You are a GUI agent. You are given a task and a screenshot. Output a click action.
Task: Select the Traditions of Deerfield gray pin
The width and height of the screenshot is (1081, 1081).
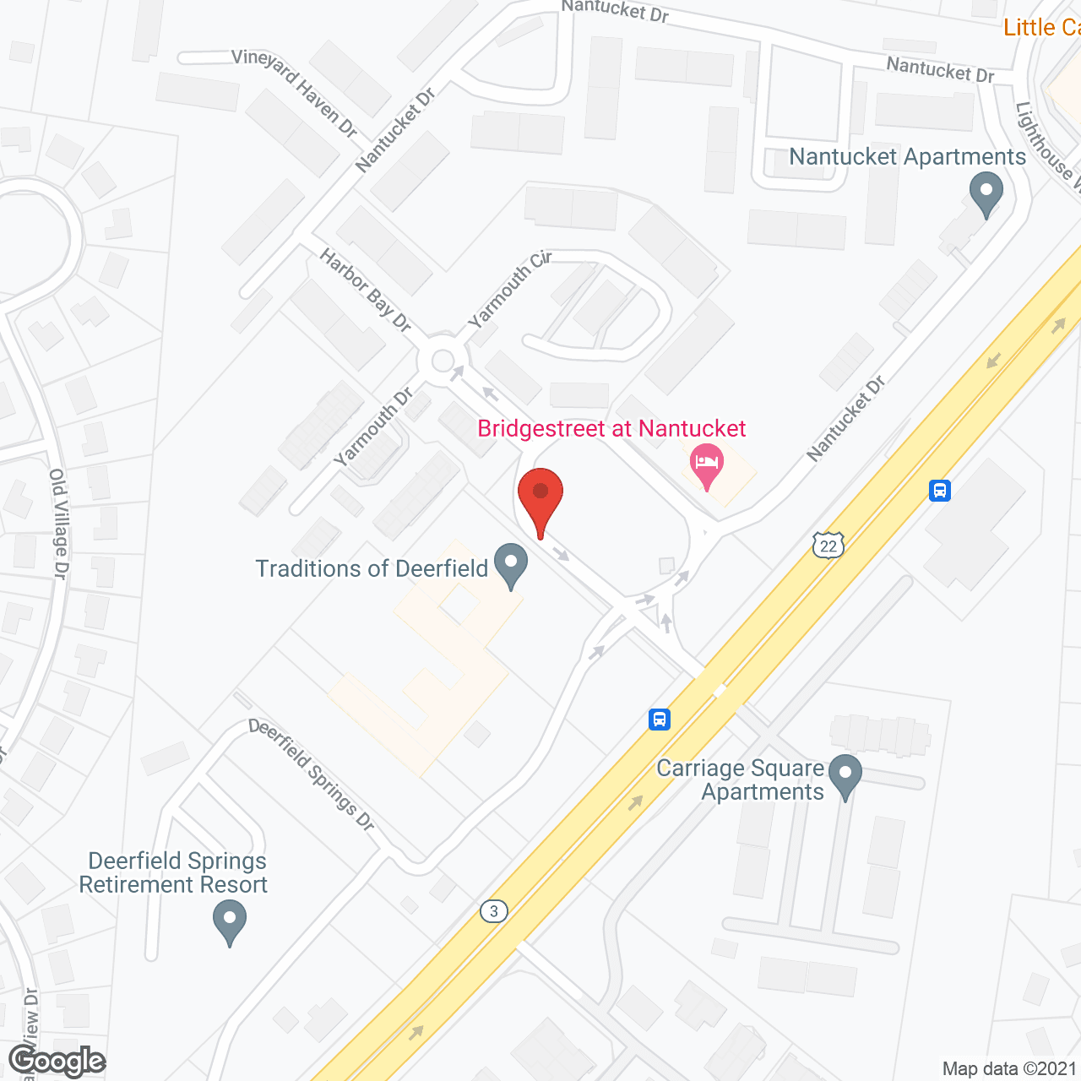click(x=510, y=564)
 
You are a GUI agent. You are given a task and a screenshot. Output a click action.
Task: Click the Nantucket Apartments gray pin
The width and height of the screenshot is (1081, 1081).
click(x=986, y=193)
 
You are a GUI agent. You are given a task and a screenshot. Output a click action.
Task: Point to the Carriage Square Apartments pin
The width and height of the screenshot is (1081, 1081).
click(x=845, y=775)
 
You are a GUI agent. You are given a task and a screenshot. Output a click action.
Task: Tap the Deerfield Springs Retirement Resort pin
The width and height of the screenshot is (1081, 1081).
click(x=229, y=920)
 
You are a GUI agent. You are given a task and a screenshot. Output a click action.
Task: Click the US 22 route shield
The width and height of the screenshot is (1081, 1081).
click(x=828, y=546)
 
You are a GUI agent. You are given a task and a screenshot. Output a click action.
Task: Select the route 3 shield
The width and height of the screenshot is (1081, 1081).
click(x=494, y=911)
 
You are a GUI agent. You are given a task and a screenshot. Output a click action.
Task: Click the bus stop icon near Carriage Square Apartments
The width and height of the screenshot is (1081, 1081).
click(x=660, y=720)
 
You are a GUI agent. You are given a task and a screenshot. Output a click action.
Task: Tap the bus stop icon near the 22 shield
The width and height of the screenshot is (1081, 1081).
click(x=940, y=490)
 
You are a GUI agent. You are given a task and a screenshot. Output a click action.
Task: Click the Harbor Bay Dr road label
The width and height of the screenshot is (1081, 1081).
click(x=365, y=290)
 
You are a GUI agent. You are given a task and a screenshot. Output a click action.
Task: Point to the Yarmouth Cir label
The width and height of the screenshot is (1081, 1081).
click(x=509, y=289)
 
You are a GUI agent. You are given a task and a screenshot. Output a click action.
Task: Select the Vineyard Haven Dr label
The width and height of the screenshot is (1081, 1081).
click(x=295, y=92)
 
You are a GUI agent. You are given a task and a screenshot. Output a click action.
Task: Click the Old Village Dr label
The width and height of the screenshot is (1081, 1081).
click(x=58, y=524)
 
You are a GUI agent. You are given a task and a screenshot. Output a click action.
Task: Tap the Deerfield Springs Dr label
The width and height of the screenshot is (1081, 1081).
click(x=312, y=774)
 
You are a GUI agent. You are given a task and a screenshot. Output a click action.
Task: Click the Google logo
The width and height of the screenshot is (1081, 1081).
click(x=57, y=1061)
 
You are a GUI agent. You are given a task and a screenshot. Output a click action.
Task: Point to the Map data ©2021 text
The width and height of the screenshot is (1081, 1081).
click(x=1009, y=1068)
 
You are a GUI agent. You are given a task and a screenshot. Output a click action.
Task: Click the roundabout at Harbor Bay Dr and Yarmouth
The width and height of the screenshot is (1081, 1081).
click(x=443, y=361)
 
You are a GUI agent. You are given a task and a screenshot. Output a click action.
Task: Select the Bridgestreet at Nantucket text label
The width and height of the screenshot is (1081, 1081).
click(x=611, y=429)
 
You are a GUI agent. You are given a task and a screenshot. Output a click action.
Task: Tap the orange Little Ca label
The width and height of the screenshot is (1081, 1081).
click(x=1041, y=28)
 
